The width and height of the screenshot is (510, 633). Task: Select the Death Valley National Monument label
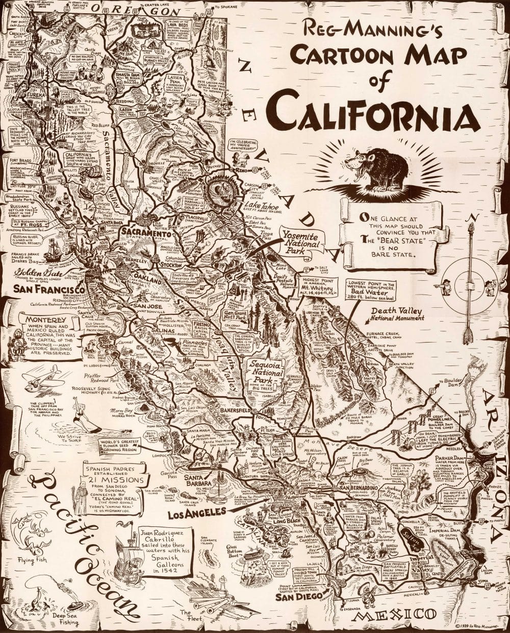397,313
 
